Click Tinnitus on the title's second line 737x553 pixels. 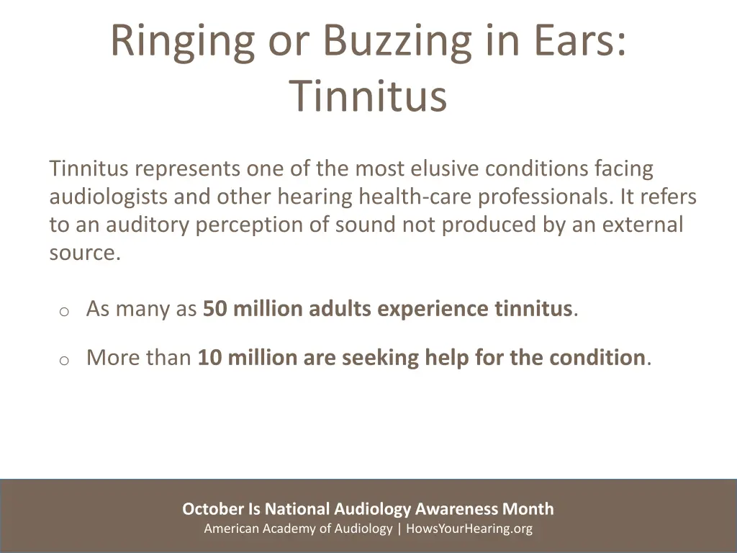(368, 96)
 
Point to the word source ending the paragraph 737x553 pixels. (81, 253)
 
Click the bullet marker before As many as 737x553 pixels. (63, 311)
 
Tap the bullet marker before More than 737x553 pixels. (63, 360)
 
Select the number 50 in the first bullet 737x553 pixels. (214, 309)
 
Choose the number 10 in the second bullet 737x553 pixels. (209, 358)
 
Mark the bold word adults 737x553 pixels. (340, 309)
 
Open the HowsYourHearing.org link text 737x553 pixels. (469, 529)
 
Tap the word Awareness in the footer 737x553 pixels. (457, 509)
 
